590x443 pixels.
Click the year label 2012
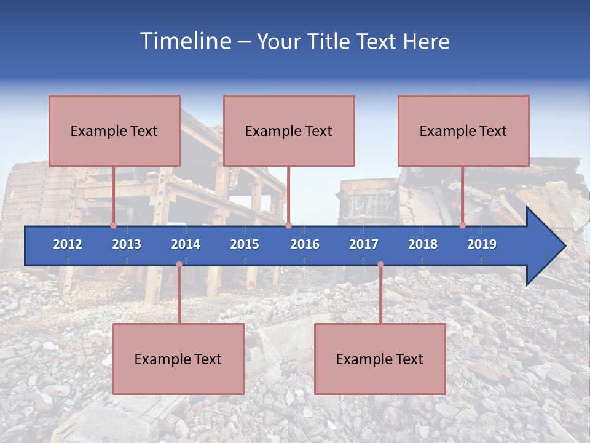coord(68,244)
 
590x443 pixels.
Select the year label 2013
coord(127,244)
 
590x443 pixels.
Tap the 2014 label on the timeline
coord(186,244)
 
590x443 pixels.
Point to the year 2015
coord(245,244)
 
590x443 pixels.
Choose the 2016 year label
coord(305,244)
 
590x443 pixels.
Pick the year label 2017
coord(364,244)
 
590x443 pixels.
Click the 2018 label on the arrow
coord(423,244)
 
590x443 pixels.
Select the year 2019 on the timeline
coord(482,244)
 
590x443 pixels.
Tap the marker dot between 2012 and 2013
coord(113,225)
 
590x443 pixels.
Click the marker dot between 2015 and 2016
coord(288,225)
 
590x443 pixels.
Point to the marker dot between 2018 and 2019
coord(462,225)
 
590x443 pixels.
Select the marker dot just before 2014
coord(179,265)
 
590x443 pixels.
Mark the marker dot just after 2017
coord(380,265)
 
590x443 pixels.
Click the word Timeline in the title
coord(184,41)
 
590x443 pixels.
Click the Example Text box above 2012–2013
coord(114,130)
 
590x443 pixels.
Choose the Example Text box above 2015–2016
coord(289,130)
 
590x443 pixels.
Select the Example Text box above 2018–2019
coord(463,130)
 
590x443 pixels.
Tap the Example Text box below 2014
coord(178,359)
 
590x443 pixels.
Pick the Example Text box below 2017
coord(380,359)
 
